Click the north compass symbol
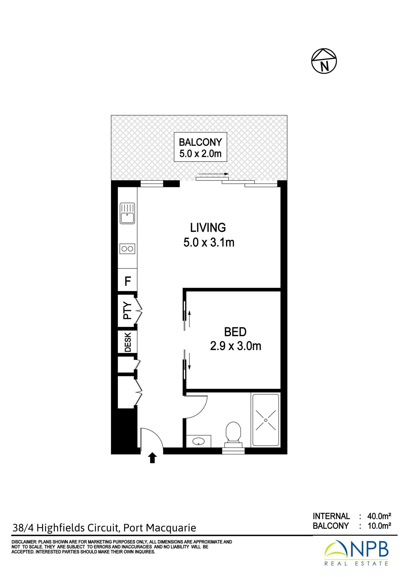click(324, 61)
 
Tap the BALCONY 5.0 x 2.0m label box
click(200, 147)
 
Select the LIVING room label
click(208, 228)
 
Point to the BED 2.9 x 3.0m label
click(236, 339)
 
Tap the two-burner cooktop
click(127, 249)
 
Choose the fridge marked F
click(128, 281)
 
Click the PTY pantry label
click(127, 311)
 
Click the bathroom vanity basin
click(199, 441)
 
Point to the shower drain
click(266, 420)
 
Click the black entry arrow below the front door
click(153, 458)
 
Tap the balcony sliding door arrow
click(214, 174)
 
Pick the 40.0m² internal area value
click(379, 516)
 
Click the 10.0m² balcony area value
click(379, 526)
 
